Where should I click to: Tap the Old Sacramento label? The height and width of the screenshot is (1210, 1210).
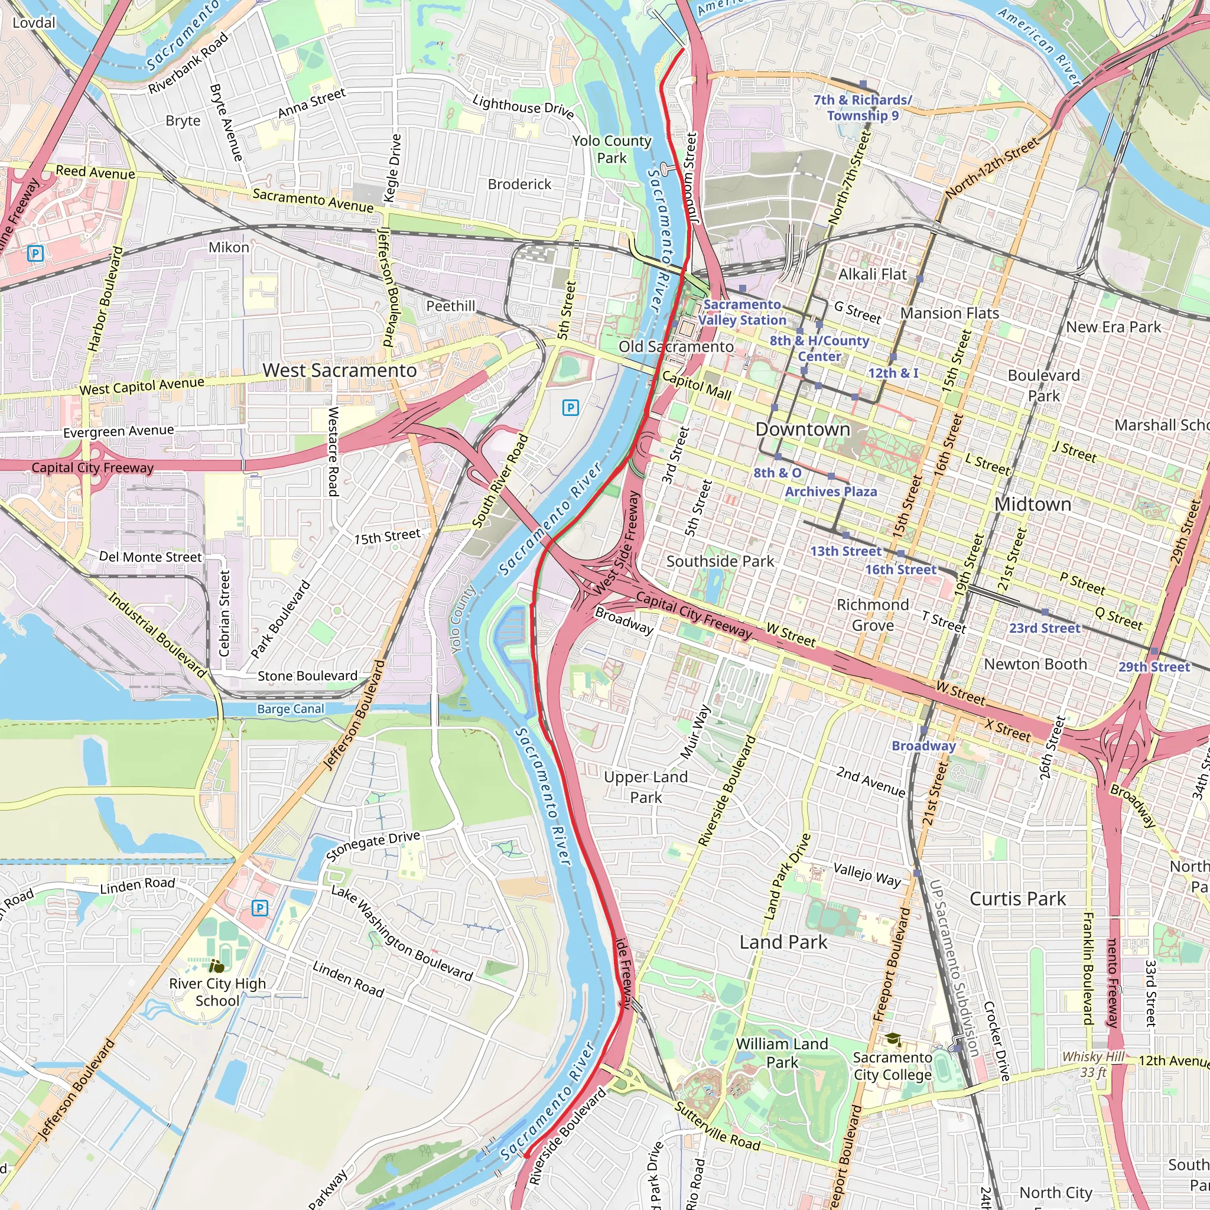coord(676,346)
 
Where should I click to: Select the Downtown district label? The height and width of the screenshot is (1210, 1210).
coord(802,429)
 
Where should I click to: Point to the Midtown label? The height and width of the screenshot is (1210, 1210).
coord(1032,503)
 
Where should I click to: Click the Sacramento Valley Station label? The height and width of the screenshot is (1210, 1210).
coord(742,312)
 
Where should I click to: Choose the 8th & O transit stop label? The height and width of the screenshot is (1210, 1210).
coord(778,473)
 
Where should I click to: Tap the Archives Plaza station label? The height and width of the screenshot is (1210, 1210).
coord(831,492)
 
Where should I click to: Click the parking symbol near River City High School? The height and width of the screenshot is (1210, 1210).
coord(260,907)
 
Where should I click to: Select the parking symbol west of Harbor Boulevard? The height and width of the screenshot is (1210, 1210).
coord(35,253)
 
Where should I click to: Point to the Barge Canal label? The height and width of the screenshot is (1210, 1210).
coord(291,709)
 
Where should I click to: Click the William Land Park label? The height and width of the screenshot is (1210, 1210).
coord(782,1053)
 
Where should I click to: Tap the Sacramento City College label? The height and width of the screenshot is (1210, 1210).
coord(893,1066)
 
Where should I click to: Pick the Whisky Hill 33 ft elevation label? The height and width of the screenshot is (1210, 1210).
coord(1093,1064)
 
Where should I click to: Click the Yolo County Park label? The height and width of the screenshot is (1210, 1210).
coord(611,149)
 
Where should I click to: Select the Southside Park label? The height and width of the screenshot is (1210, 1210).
coord(720,561)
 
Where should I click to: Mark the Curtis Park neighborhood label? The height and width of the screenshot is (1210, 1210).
coord(1017,899)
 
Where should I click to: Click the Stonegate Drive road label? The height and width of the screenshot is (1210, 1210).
coord(373,845)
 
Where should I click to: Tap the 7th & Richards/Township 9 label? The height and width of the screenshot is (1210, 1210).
coord(863,108)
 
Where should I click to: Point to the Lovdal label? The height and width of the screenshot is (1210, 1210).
coord(34,23)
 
